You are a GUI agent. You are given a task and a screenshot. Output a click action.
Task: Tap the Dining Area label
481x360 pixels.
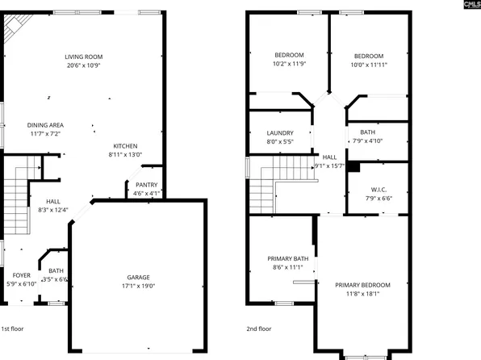[46, 125]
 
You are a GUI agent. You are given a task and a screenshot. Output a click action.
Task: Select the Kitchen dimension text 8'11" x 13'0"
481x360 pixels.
[125, 155]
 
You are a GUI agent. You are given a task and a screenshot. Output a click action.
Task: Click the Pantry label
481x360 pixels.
[146, 185]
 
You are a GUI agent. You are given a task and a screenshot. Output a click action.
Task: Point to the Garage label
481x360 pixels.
[138, 277]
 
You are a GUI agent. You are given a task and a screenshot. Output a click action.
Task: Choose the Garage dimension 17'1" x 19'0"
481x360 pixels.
[138, 286]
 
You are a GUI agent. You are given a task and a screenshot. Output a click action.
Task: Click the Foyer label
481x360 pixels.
[21, 275]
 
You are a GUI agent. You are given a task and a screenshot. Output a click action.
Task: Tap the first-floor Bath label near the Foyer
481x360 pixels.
[56, 271]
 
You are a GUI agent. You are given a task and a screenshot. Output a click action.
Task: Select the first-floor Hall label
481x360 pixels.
[53, 202]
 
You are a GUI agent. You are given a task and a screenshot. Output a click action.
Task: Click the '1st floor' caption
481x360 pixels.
[11, 329]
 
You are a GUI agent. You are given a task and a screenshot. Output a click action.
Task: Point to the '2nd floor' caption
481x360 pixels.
[258, 329]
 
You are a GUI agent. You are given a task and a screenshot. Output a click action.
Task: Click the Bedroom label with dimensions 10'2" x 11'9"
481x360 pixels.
[289, 55]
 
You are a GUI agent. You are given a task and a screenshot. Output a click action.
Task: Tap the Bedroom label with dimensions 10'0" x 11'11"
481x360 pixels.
[367, 55]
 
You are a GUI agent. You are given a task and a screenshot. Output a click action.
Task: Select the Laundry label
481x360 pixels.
[280, 133]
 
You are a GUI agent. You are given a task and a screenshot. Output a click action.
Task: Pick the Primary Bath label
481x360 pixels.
[287, 259]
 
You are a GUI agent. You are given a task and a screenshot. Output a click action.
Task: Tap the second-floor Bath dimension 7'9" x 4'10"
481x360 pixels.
[367, 141]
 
